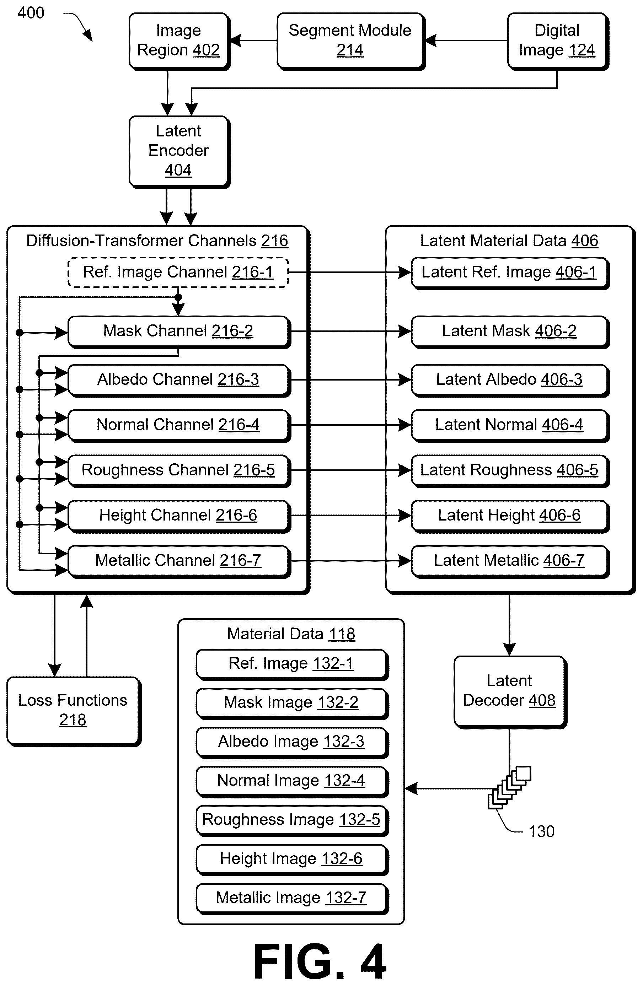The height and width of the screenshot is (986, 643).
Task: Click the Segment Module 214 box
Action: [351, 41]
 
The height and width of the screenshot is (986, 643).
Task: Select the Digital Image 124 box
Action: [558, 41]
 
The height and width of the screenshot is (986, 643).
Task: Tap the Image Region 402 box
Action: [179, 41]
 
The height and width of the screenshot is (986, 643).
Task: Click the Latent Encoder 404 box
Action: [179, 152]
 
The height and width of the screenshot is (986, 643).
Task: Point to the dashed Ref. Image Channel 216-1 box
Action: [178, 272]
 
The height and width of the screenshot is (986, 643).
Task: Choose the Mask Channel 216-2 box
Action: [179, 332]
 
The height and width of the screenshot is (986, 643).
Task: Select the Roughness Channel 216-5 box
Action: [179, 471]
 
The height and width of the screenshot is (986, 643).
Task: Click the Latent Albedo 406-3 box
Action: [510, 380]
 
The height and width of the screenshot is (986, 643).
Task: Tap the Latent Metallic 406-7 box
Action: [510, 561]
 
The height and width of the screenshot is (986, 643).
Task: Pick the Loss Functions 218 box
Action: [74, 711]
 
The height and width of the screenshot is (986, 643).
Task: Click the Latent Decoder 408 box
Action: [510, 692]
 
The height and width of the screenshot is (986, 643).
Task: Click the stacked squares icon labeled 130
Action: [509, 788]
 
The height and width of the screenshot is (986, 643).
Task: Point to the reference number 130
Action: [541, 831]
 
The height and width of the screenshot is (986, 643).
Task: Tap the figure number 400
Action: [31, 13]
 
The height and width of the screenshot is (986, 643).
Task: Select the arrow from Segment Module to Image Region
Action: [253, 41]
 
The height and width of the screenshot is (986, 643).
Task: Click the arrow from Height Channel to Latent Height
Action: [351, 516]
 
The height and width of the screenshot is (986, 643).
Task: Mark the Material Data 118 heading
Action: [291, 634]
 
